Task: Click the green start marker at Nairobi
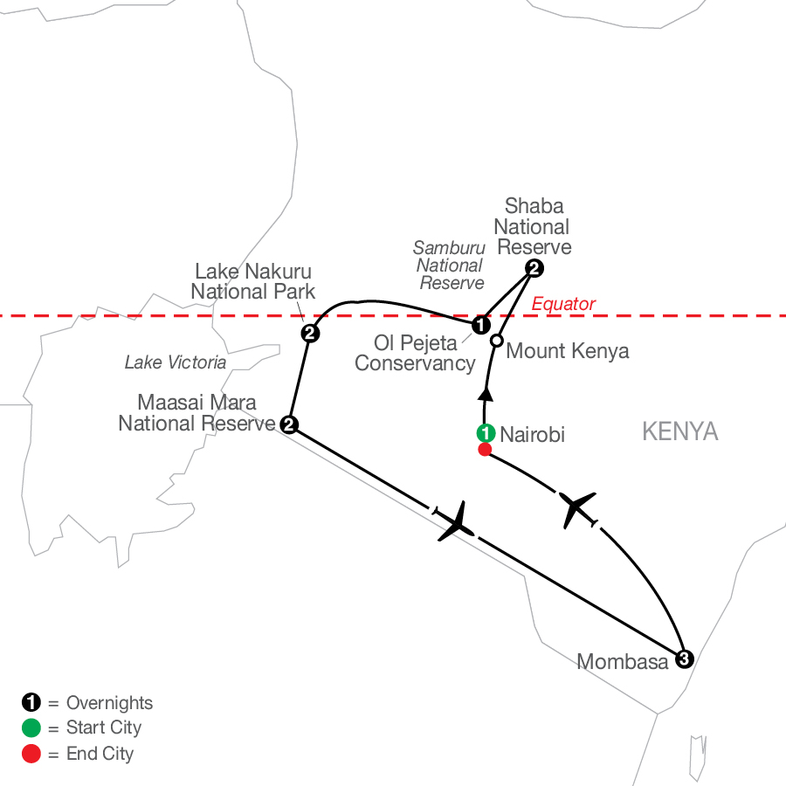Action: coord(486,432)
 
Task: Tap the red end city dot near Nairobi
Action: coord(485,449)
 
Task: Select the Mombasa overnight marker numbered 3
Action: coord(684,658)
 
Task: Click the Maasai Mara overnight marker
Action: coord(289,424)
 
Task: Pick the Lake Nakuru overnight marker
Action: coord(310,333)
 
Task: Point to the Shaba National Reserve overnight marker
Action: coord(534,268)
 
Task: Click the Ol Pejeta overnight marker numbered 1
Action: coord(480,325)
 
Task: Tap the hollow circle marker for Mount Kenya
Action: coord(496,341)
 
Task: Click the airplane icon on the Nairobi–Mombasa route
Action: coord(576,507)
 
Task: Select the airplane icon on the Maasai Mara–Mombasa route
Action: coord(456,522)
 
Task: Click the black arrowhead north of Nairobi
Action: coord(486,394)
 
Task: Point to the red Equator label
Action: coord(563,304)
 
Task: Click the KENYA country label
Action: coord(679,431)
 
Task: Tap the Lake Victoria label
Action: coord(176,362)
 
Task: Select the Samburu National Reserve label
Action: coord(450,265)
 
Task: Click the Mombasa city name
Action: coord(622,662)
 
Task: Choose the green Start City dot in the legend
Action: coord(31,727)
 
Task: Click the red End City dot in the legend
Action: coord(31,754)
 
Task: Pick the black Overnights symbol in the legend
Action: coord(31,702)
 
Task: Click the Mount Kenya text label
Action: coord(568,351)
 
